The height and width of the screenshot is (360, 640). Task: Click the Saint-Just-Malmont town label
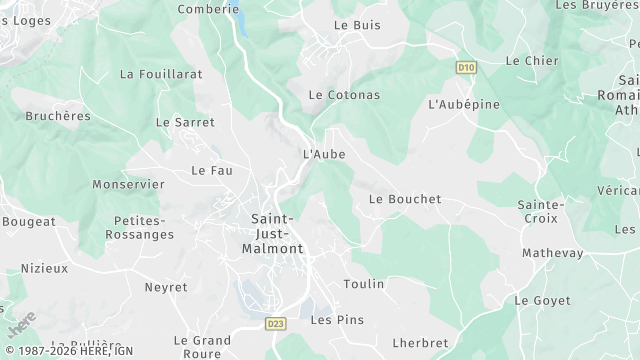tap(272, 233)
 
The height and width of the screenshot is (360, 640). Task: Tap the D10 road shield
tap(464, 68)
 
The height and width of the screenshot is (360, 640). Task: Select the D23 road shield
tap(276, 324)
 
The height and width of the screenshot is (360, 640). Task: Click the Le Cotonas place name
tap(343, 95)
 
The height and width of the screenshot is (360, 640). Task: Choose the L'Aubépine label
tap(463, 104)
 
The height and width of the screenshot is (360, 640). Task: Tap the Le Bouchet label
tap(404, 199)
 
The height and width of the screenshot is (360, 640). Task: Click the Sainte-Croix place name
tap(541, 213)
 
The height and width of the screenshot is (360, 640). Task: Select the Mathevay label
tap(552, 253)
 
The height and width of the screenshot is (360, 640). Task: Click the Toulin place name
tap(363, 284)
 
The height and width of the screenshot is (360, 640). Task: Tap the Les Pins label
tap(337, 320)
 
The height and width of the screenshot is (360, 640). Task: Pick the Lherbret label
tap(420, 343)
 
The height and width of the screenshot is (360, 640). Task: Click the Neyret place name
tap(165, 287)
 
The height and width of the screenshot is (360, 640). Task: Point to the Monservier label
tap(128, 185)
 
